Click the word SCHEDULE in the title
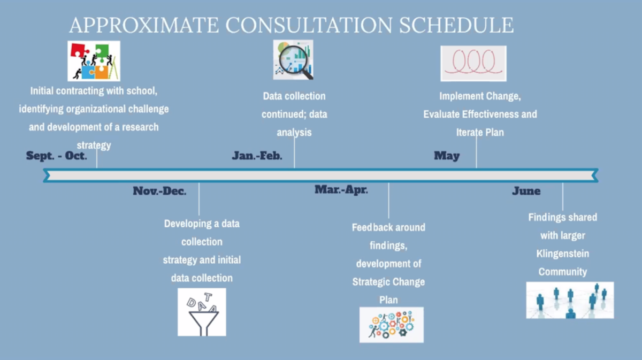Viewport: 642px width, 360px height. click(456, 25)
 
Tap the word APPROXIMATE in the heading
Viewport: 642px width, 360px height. click(144, 25)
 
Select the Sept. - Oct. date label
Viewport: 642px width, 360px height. click(57, 156)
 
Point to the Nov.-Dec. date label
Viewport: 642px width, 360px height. click(159, 191)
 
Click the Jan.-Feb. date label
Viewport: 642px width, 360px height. click(257, 156)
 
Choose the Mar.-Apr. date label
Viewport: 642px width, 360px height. click(341, 189)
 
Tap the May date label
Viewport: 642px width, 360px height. click(447, 156)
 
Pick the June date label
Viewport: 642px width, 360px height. click(526, 191)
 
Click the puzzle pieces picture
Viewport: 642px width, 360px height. click(94, 61)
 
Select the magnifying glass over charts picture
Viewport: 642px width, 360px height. click(293, 59)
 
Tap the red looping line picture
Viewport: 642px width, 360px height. click(473, 63)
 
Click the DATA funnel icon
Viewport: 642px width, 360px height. click(202, 312)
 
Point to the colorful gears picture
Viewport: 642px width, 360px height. click(392, 325)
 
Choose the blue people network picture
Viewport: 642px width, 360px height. click(570, 300)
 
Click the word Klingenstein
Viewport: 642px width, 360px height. click(563, 254)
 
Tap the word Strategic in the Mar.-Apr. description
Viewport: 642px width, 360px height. click(370, 282)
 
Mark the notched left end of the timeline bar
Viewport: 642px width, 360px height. click(45, 175)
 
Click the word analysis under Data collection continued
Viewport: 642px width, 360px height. click(294, 133)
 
